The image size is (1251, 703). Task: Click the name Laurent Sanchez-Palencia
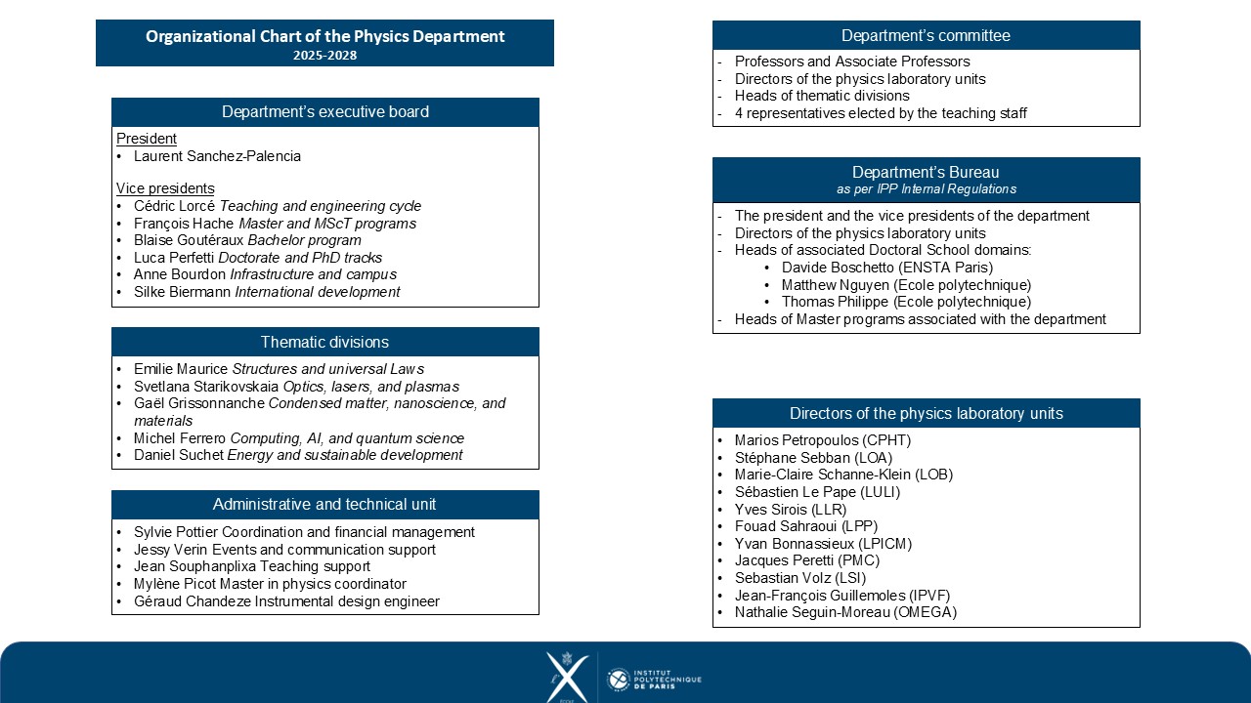click(217, 156)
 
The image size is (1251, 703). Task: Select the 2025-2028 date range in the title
click(324, 56)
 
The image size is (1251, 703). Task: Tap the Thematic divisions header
click(324, 342)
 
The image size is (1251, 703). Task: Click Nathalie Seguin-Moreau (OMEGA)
click(845, 612)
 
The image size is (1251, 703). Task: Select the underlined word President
click(147, 139)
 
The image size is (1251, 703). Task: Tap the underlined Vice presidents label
click(165, 188)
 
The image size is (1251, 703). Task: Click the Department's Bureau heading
click(926, 173)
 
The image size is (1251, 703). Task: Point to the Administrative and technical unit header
click(324, 504)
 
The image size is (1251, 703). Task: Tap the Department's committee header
click(926, 35)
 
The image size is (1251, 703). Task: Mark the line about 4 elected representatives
click(881, 113)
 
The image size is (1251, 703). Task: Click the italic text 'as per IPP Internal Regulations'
click(926, 189)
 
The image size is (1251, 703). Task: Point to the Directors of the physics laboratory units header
click(926, 413)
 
